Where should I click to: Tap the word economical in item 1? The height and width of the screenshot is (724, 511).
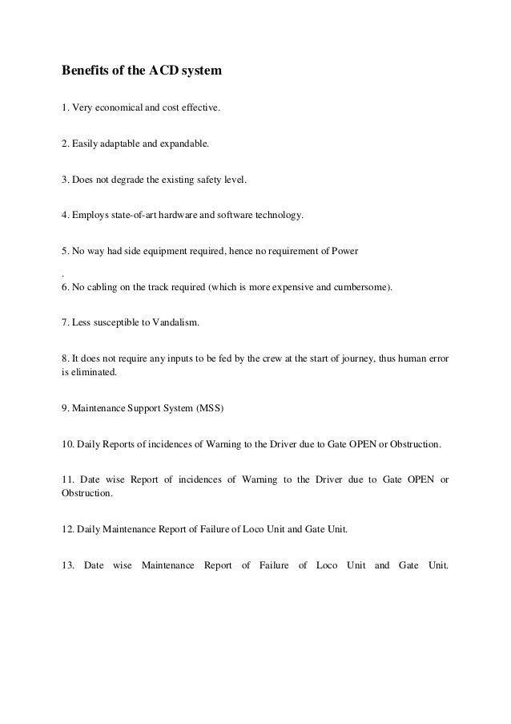[x=119, y=108]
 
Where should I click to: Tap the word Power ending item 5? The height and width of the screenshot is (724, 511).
[x=345, y=252]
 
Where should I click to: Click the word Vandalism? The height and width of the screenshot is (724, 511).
[x=164, y=322]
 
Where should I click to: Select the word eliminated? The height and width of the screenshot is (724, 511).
[x=94, y=372]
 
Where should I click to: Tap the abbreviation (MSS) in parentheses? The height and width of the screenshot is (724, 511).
[x=211, y=409]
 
